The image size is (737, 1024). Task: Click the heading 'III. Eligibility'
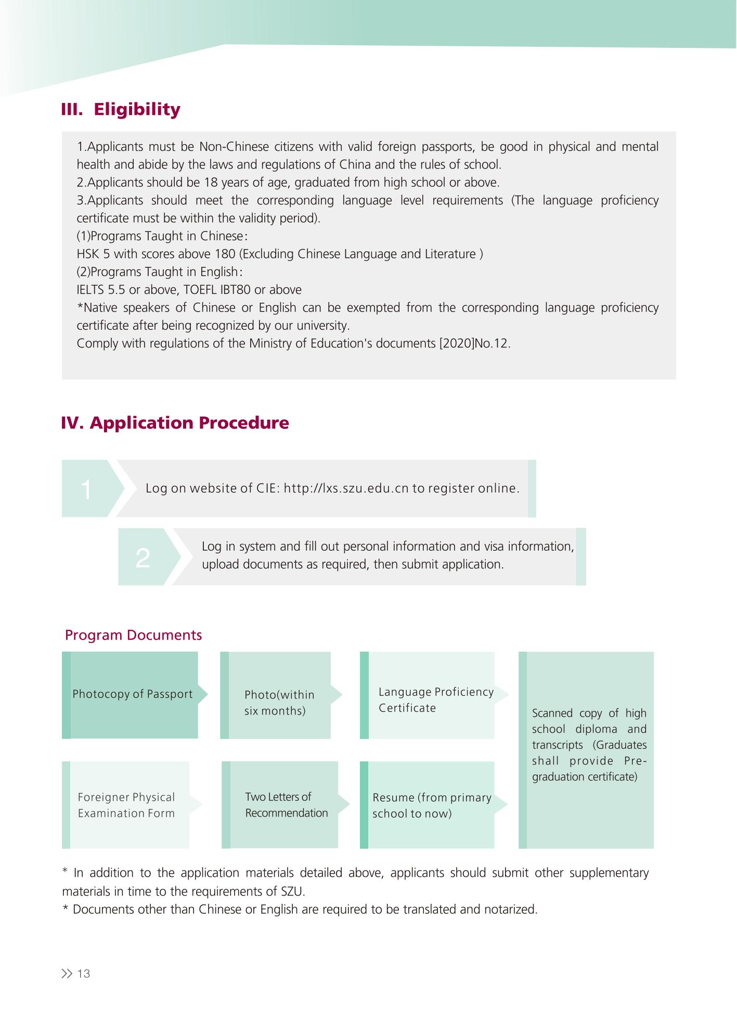pyautogui.click(x=121, y=110)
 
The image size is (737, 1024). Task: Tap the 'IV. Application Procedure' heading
pyautogui.click(x=175, y=423)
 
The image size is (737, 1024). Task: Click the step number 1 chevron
pyautogui.click(x=88, y=489)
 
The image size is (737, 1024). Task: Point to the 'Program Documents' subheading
pyautogui.click(x=133, y=635)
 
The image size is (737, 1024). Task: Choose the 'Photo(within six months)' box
pyautogui.click(x=279, y=703)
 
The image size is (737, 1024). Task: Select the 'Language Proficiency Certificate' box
pyautogui.click(x=435, y=700)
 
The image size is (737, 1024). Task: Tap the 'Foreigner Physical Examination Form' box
pyautogui.click(x=126, y=805)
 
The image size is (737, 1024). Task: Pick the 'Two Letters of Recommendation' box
pyautogui.click(x=286, y=805)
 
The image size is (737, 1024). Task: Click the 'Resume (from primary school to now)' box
pyautogui.click(x=432, y=806)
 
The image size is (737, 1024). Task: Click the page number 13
pyautogui.click(x=84, y=974)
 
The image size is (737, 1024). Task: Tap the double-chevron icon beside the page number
pyautogui.click(x=67, y=974)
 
